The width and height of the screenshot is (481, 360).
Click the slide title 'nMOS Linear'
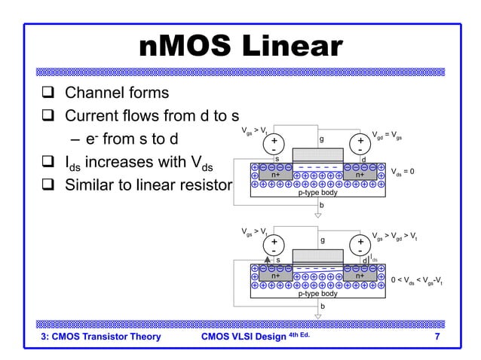240,47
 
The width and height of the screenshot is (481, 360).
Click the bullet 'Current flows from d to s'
152,117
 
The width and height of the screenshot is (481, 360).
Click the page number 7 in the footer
437,336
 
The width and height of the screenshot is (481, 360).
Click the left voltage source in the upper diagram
274,143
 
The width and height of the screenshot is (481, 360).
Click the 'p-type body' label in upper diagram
317,192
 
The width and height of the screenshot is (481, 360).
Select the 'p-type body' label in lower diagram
317,294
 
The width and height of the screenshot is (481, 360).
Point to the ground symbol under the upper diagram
317,215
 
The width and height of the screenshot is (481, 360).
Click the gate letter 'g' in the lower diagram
322,241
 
